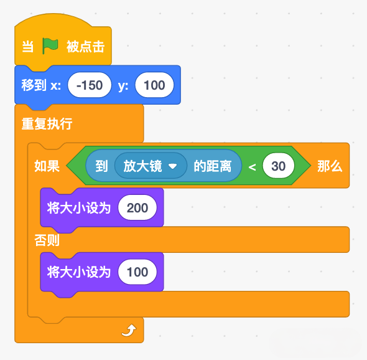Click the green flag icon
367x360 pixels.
pyautogui.click(x=50, y=45)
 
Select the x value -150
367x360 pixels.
pyautogui.click(x=90, y=85)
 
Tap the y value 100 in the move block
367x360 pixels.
pyautogui.click(x=154, y=85)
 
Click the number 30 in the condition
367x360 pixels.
pyautogui.click(x=278, y=166)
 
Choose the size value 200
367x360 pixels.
pyautogui.click(x=137, y=207)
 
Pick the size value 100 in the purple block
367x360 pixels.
pyautogui.click(x=137, y=272)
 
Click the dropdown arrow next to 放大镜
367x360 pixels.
pyautogui.click(x=173, y=166)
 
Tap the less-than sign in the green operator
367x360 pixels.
pyautogui.click(x=252, y=167)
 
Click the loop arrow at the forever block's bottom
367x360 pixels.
pyautogui.click(x=129, y=330)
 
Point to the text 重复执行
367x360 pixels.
pyautogui.click(x=47, y=123)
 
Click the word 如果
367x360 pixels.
pyautogui.click(x=47, y=166)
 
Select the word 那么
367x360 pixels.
pyautogui.click(x=330, y=166)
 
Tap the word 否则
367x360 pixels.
pyautogui.click(x=47, y=240)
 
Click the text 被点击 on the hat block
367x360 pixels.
pyautogui.click(x=85, y=47)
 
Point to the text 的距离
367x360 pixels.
pyautogui.click(x=212, y=166)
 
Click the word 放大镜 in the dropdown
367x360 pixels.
pyautogui.click(x=142, y=166)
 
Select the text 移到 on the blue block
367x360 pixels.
pyautogui.click(x=34, y=85)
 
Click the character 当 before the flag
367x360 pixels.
pyautogui.click(x=28, y=47)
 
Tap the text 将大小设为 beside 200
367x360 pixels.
pyautogui.click(x=78, y=207)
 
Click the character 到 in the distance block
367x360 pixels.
pyautogui.click(x=101, y=166)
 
